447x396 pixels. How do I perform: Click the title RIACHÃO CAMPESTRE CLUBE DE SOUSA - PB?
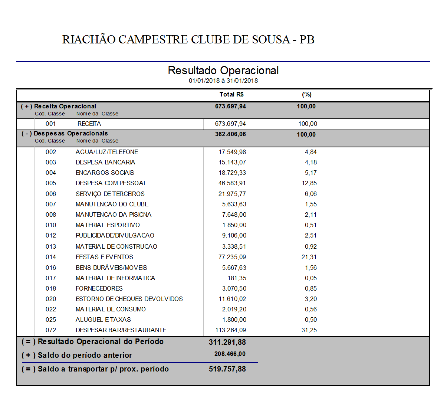point(188,40)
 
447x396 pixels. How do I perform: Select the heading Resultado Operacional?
point(223,71)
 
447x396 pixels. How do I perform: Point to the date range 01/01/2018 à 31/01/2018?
point(223,81)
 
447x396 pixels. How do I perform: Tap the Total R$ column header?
point(231,95)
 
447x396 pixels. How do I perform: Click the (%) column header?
point(306,95)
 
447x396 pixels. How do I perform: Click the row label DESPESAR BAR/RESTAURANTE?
point(121,330)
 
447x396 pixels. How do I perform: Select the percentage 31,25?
point(309,330)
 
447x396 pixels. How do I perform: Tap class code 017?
point(51,278)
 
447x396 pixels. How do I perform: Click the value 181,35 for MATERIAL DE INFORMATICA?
point(237,278)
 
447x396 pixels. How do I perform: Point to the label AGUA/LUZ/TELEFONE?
point(107,152)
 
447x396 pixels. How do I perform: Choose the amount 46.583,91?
point(232,183)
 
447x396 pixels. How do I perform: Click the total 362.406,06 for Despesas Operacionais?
point(230,134)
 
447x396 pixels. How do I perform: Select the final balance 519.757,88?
point(227,369)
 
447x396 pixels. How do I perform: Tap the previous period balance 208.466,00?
point(230,354)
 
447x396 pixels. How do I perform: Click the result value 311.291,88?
point(227,342)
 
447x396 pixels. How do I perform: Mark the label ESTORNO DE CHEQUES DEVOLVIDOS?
point(129,299)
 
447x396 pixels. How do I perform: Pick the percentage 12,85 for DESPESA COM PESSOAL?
point(309,183)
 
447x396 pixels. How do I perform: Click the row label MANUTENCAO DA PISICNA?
point(114,215)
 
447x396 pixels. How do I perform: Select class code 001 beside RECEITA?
point(51,124)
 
